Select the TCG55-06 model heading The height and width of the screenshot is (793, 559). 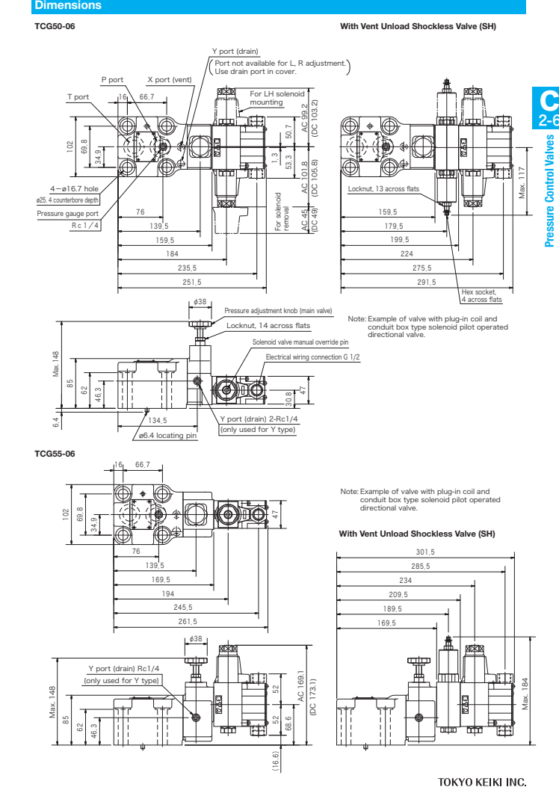click(x=55, y=453)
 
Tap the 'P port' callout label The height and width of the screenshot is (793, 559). click(x=112, y=79)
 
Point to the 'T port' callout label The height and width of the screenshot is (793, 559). click(x=78, y=96)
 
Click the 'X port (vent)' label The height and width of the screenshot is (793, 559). click(x=168, y=79)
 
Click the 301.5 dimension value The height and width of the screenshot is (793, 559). click(x=424, y=551)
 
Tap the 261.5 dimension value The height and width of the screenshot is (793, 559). click(x=188, y=621)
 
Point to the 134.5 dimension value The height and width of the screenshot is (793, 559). click(x=158, y=421)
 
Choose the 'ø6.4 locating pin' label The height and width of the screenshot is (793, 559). click(x=167, y=435)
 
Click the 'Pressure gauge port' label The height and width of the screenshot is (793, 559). click(x=68, y=213)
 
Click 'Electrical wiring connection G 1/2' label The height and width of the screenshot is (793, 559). click(x=312, y=357)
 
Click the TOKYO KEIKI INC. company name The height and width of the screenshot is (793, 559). click(x=482, y=783)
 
